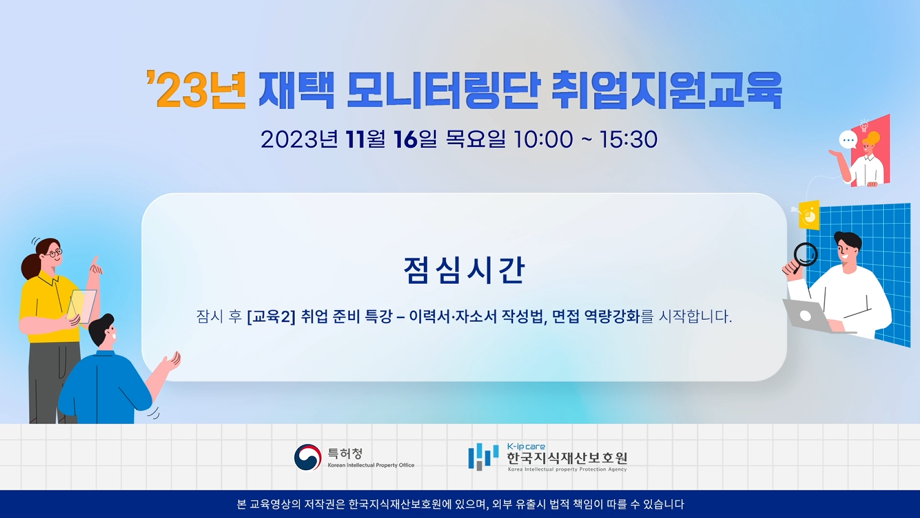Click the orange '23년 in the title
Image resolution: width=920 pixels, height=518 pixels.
tap(196, 90)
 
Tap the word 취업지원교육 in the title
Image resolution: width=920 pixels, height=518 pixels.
tap(667, 90)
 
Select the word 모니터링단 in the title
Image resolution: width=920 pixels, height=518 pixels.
tap(443, 90)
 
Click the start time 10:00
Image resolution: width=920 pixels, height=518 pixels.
tap(543, 139)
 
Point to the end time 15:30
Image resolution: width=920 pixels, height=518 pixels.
tap(628, 139)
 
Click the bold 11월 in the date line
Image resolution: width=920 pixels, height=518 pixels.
tap(365, 139)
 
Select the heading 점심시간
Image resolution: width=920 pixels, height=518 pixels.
tap(464, 270)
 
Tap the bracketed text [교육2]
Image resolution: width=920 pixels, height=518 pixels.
tap(271, 316)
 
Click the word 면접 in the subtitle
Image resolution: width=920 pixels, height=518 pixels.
tap(565, 316)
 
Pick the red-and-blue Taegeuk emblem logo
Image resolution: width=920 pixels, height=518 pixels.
tap(308, 457)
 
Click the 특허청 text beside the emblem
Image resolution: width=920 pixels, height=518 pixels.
tap(345, 454)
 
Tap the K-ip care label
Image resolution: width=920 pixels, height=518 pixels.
tap(526, 446)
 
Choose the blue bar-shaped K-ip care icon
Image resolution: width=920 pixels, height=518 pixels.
tap(484, 456)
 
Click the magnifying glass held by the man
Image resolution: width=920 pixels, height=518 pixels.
tap(805, 256)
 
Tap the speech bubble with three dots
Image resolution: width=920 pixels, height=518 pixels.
tap(848, 140)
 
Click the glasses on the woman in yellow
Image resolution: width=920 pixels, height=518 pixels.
tap(55, 253)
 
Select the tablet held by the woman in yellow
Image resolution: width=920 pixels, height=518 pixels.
tap(82, 307)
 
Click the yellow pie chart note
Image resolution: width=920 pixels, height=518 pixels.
tap(809, 215)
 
